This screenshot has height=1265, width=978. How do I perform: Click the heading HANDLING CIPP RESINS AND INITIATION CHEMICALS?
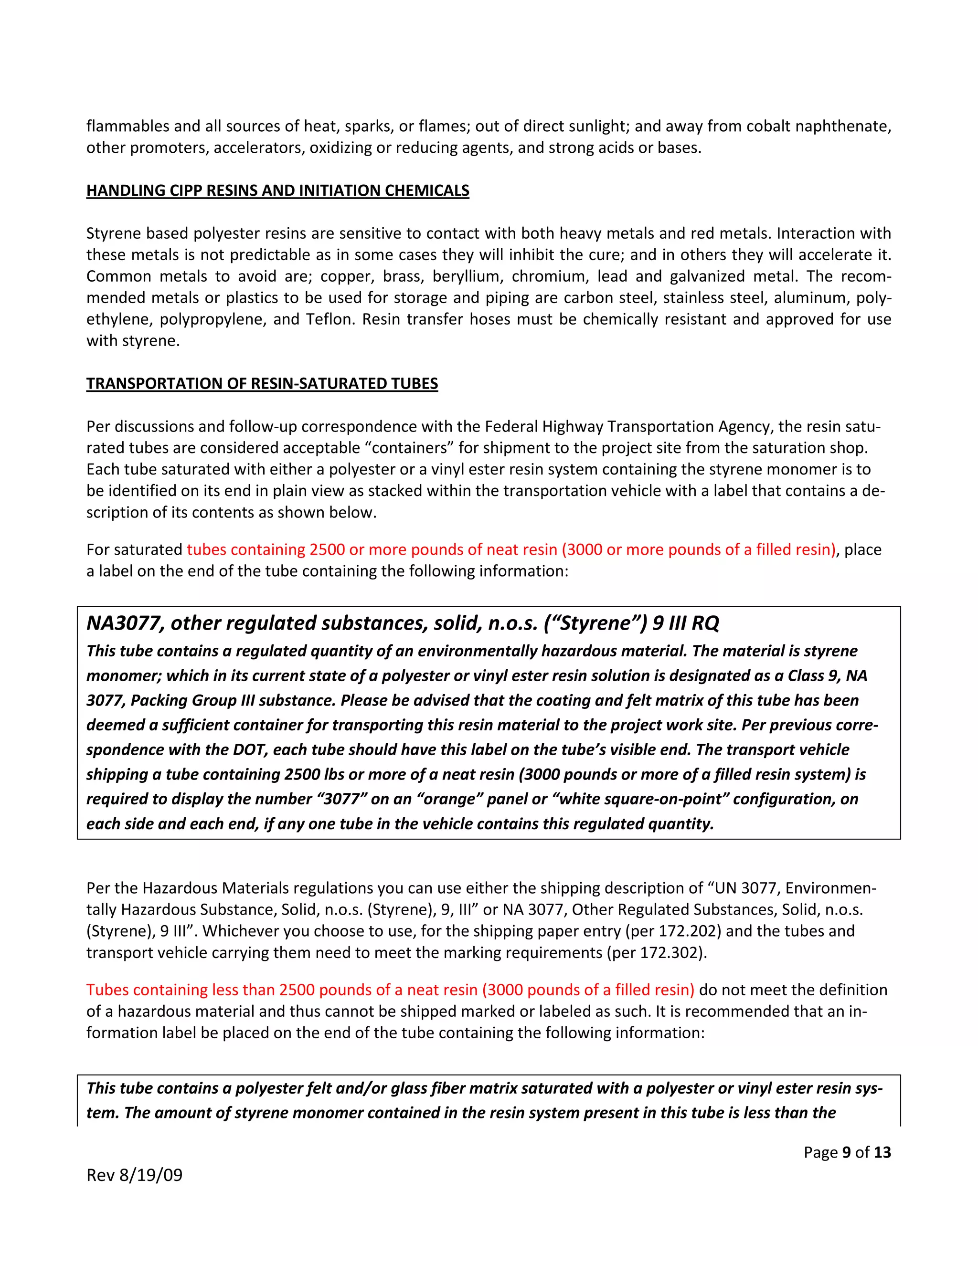[277, 190]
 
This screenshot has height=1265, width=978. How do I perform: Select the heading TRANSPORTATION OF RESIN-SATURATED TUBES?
[262, 383]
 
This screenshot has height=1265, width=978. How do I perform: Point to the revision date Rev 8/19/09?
[134, 1175]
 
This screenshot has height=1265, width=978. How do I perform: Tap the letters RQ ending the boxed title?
[705, 623]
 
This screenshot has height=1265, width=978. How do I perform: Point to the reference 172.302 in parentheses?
[673, 952]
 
